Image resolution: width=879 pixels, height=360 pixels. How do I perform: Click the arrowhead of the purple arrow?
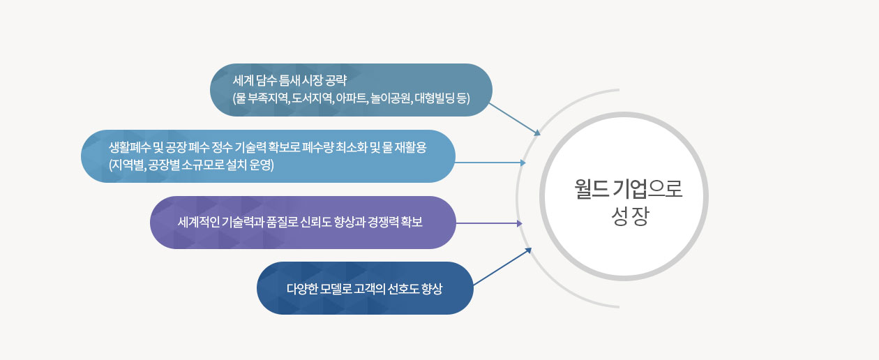520,223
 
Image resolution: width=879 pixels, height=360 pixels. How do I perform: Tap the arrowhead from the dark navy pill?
528,250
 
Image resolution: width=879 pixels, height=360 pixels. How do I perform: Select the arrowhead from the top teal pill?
537,133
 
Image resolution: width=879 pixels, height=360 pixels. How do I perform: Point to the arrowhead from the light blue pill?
523,163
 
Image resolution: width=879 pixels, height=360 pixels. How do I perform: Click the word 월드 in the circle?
592,189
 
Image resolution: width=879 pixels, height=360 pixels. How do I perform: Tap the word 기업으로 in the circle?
647,189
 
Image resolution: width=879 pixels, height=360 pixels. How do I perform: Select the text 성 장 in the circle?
630,216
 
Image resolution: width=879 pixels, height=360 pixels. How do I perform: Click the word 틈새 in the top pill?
289,80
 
